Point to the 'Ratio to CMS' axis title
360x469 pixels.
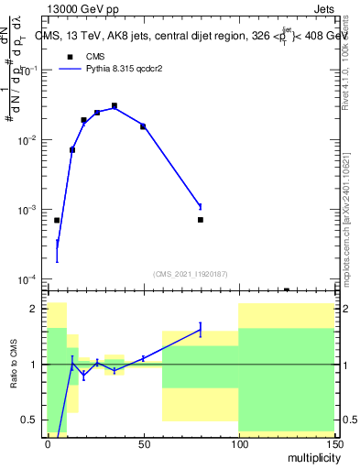pyautogui.click(x=14, y=364)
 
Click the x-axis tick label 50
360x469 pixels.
pyautogui.click(x=143, y=442)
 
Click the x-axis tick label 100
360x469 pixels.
pyautogui.click(x=238, y=442)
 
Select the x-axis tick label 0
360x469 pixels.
pyautogui.click(x=48, y=442)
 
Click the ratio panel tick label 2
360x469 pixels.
pyautogui.click(x=34, y=309)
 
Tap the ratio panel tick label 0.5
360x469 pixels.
pyautogui.click(x=30, y=420)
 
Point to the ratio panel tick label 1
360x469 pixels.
pyautogui.click(x=34, y=365)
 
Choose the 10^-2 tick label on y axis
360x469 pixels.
pyautogui.click(x=27, y=140)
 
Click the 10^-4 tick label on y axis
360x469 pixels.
pyautogui.click(x=27, y=279)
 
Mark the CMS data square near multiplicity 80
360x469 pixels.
pyautogui.click(x=200, y=220)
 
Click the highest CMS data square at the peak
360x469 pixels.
pyautogui.click(x=115, y=106)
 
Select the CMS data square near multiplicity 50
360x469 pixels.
pyautogui.click(x=143, y=126)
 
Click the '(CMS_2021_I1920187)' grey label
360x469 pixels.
pyautogui.click(x=190, y=272)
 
